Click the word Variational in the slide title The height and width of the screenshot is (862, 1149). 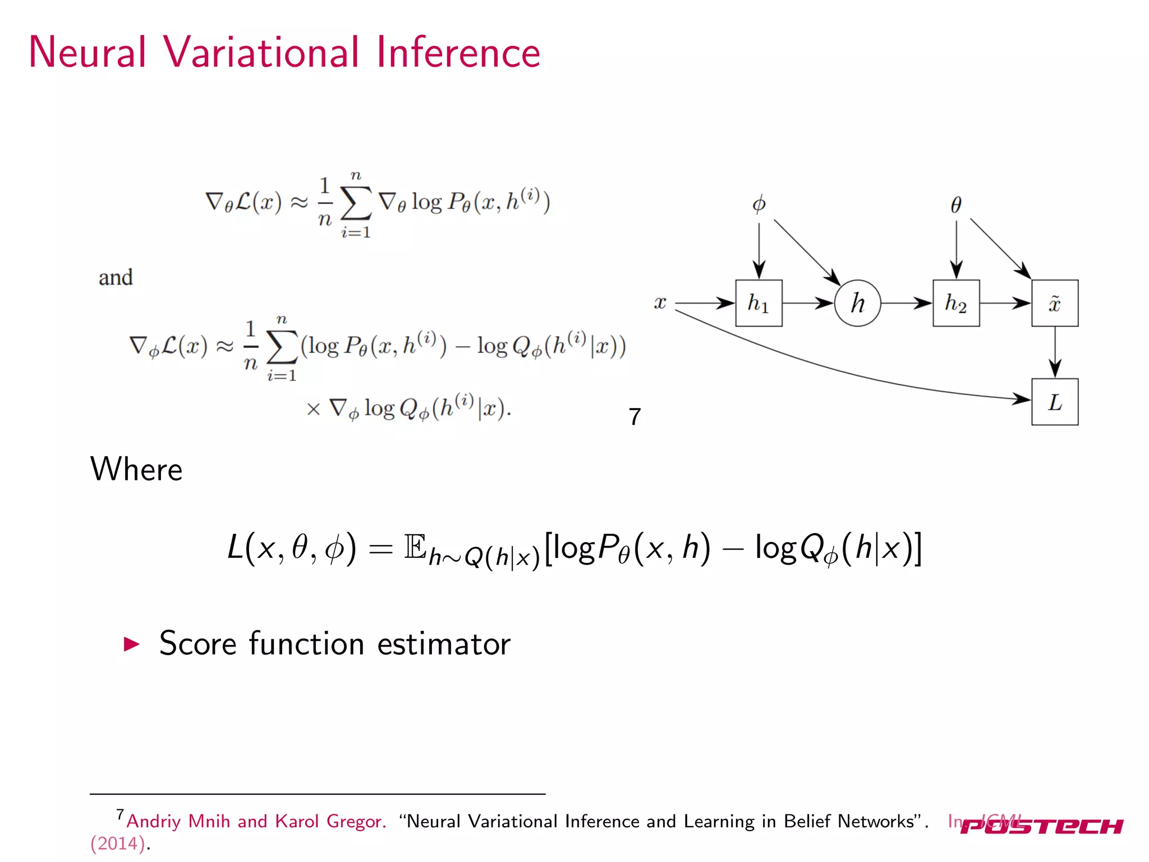pos(261,52)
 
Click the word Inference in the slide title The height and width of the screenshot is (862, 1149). pos(458,52)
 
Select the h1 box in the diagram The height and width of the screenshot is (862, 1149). pos(759,303)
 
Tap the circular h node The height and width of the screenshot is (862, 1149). pos(857,303)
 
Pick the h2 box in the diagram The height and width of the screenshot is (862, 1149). pos(956,303)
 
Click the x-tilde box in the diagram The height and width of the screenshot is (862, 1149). pos(1055,303)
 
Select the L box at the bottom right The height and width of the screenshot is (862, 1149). pos(1055,402)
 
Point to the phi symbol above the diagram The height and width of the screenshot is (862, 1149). pos(759,204)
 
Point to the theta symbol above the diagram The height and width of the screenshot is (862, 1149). pos(956,205)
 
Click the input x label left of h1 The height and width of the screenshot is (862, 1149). pos(660,303)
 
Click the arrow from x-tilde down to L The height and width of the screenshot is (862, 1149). pos(1055,352)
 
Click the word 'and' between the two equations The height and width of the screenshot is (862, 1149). pos(116,278)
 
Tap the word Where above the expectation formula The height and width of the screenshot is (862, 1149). pos(136,469)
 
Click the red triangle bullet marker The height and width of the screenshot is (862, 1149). pos(131,644)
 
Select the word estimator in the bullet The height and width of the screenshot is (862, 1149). pos(444,644)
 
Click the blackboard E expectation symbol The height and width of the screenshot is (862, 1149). pos(415,547)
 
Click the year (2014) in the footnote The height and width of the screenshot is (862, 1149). pos(118,843)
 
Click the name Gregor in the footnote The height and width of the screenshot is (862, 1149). pos(356,822)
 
